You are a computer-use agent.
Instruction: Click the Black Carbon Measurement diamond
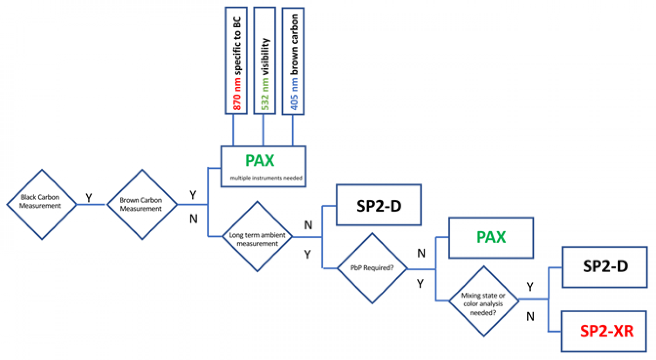pyautogui.click(x=42, y=204)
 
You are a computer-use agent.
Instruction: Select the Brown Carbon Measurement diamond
pyautogui.click(x=142, y=204)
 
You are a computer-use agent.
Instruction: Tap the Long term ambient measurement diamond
pyautogui.click(x=257, y=237)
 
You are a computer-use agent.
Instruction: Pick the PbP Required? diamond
pyautogui.click(x=372, y=268)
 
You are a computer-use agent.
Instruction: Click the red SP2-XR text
pyautogui.click(x=606, y=331)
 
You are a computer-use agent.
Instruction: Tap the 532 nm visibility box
pyautogui.click(x=265, y=61)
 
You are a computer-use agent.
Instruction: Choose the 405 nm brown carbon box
pyautogui.click(x=293, y=61)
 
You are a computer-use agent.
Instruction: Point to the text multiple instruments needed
pyautogui.click(x=266, y=178)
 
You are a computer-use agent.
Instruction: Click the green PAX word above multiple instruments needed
pyautogui.click(x=260, y=161)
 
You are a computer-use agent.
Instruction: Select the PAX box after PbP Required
pyautogui.click(x=491, y=238)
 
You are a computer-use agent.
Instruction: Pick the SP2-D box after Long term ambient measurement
pyautogui.click(x=379, y=205)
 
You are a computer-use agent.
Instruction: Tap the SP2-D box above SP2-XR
pyautogui.click(x=605, y=267)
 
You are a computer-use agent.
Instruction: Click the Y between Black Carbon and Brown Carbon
pyautogui.click(x=89, y=198)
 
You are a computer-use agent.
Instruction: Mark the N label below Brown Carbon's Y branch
pyautogui.click(x=193, y=219)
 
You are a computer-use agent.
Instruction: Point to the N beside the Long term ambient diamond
pyautogui.click(x=308, y=225)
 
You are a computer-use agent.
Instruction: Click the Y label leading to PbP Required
pyautogui.click(x=307, y=254)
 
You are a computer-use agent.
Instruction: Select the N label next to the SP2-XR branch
pyautogui.click(x=530, y=317)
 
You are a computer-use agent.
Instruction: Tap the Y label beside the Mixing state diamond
pyautogui.click(x=530, y=287)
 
